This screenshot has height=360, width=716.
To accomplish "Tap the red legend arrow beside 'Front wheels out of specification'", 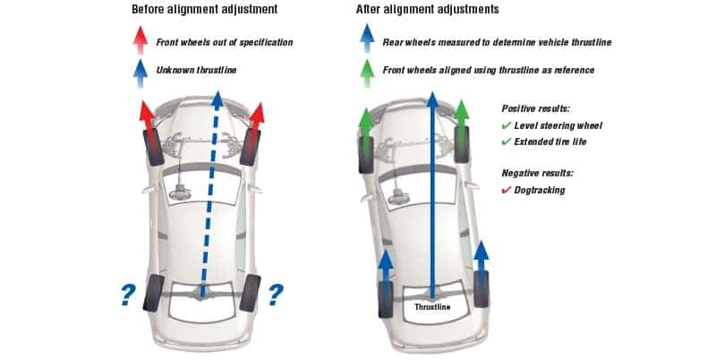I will [x=141, y=41].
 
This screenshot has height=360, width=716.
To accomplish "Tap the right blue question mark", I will [x=277, y=293].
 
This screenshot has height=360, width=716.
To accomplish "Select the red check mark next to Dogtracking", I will [x=507, y=190].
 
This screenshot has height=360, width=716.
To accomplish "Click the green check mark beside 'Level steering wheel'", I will [x=507, y=126].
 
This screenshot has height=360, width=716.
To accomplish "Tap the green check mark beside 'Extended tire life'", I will [x=507, y=141].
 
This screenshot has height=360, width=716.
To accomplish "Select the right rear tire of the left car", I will [x=251, y=293].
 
